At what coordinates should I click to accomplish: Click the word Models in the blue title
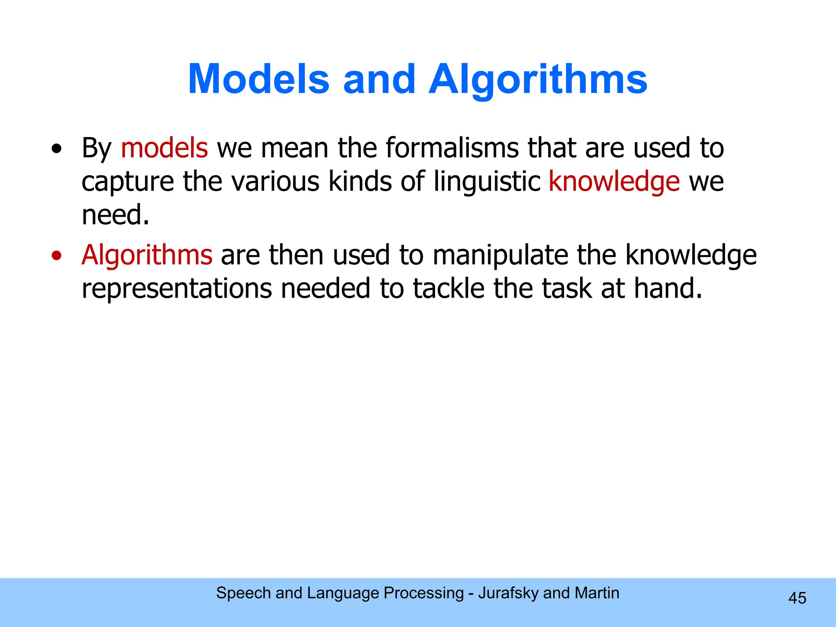[x=258, y=79]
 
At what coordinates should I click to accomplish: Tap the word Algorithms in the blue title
[x=538, y=79]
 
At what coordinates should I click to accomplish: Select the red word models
[x=164, y=148]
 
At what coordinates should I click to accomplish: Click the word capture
[x=127, y=182]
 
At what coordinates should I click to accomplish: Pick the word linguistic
[x=487, y=181]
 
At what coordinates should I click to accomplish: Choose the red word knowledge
[x=614, y=182]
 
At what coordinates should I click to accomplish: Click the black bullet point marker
[x=57, y=149]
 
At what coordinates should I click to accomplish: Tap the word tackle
[x=449, y=288]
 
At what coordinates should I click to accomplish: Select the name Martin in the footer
[x=597, y=593]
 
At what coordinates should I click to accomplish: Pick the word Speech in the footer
[x=243, y=593]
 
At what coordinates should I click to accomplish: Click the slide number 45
[x=797, y=598]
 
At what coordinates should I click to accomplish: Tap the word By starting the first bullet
[x=96, y=149]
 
